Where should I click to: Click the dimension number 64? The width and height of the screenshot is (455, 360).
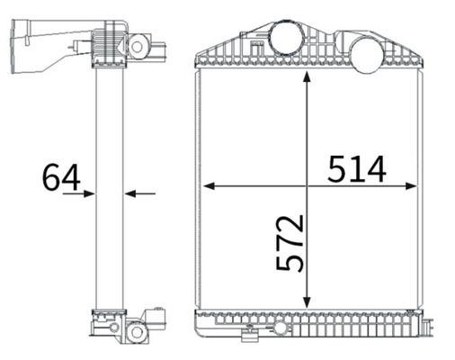61,177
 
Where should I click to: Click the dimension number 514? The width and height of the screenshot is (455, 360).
356,169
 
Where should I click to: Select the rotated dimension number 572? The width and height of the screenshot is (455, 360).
290,243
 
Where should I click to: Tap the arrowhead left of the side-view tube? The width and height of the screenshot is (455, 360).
89,193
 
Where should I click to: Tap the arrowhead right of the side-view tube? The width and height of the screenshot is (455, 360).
130,193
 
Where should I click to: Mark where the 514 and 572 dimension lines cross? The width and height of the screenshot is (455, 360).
308,186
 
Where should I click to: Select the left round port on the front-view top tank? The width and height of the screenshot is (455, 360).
287,38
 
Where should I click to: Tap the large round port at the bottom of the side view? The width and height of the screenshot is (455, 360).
136,331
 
